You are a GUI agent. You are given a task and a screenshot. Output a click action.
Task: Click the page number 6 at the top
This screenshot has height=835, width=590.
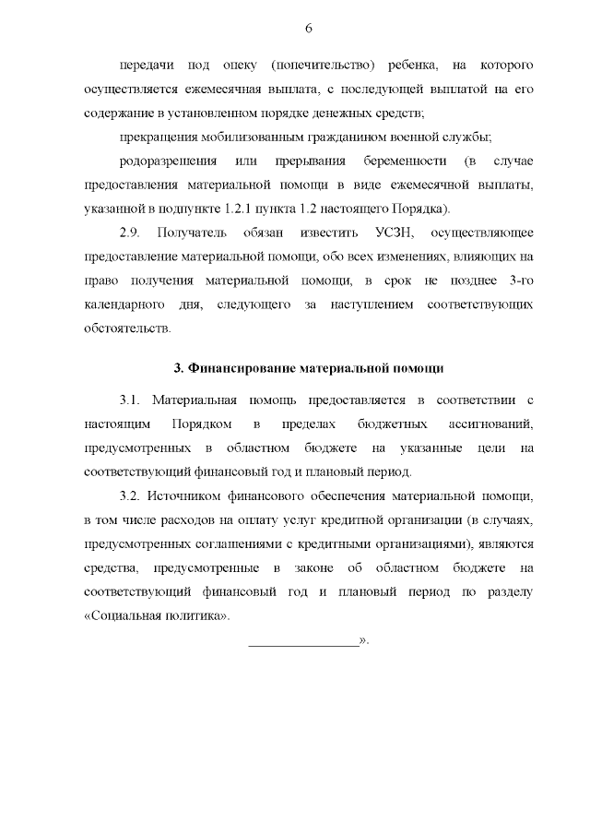pos(308,29)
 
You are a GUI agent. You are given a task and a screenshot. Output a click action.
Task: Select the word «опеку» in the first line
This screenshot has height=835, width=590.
pos(242,66)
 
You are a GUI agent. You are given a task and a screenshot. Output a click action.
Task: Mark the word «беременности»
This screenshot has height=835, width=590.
pos(407,162)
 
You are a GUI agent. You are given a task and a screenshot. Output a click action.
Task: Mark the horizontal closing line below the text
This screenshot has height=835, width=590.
pos(303,642)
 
